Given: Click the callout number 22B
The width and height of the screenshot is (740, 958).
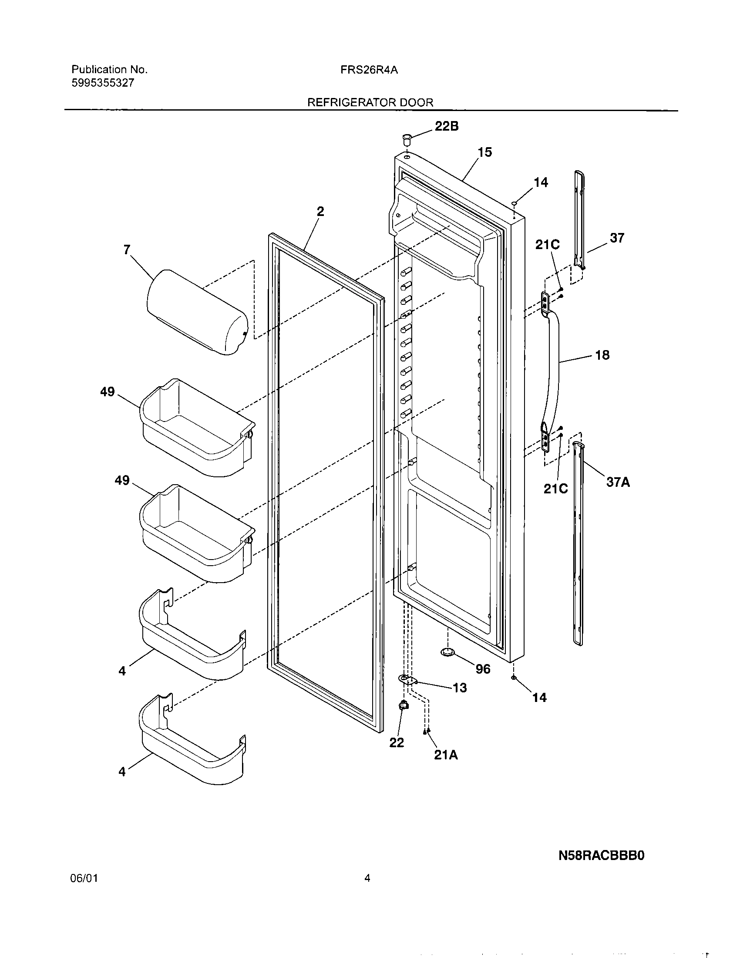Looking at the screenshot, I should coord(446,126).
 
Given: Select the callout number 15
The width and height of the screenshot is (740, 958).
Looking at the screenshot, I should coord(485,152).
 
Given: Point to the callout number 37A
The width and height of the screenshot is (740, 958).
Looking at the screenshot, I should coord(618,482).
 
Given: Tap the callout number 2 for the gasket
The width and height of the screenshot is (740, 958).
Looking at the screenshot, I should coord(320,212).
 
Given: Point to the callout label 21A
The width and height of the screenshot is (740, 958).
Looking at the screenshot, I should coord(446,756).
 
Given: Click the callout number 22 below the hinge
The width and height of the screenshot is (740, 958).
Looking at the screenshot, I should coord(397,742).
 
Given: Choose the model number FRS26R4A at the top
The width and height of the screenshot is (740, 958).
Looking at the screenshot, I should coord(369,70).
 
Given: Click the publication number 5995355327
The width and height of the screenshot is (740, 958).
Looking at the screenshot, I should coord(103,83).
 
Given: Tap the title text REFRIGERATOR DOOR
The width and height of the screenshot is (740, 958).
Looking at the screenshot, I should coord(370,103).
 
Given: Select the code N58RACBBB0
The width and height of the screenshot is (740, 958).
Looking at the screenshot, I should coord(602,856).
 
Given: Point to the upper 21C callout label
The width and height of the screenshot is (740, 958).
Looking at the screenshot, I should coord(547,245).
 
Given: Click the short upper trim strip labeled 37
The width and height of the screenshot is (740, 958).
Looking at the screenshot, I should coord(580,219).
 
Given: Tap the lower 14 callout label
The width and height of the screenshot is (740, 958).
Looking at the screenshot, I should coord(539,698).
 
